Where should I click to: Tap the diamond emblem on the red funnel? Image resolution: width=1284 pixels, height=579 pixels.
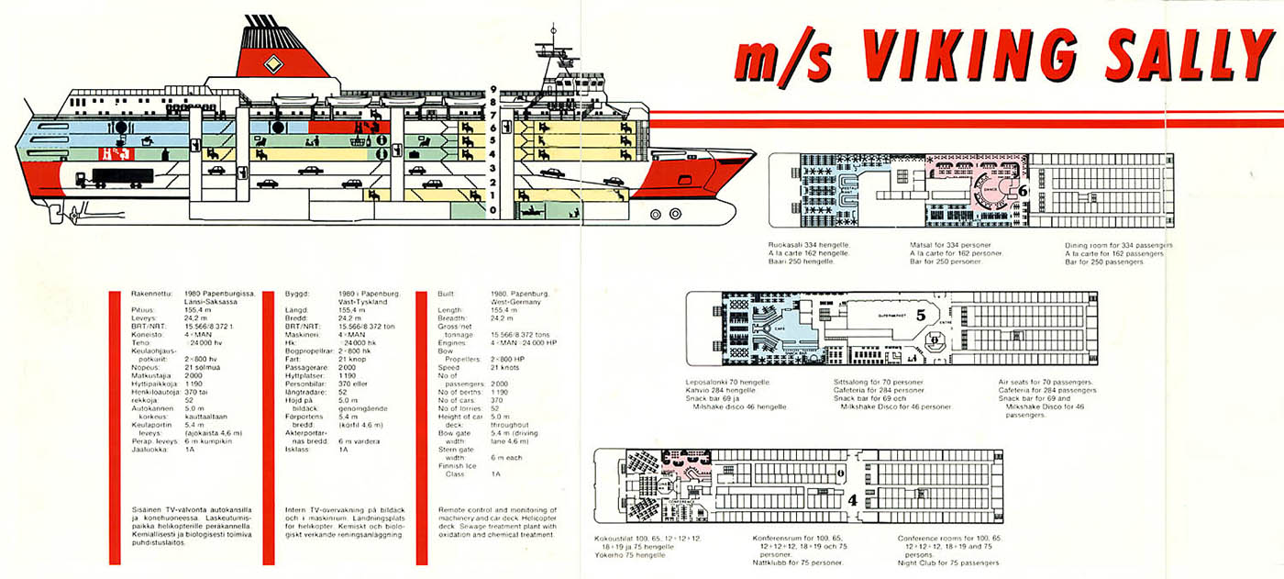[272, 63]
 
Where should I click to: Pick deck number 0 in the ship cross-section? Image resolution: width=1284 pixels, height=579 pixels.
[493, 210]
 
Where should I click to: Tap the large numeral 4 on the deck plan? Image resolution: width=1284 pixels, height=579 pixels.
[852, 500]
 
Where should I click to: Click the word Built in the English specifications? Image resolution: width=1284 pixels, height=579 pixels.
[448, 292]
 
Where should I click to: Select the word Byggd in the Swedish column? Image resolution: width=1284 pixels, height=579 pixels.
[295, 292]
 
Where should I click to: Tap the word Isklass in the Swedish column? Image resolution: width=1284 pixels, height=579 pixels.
[297, 450]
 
